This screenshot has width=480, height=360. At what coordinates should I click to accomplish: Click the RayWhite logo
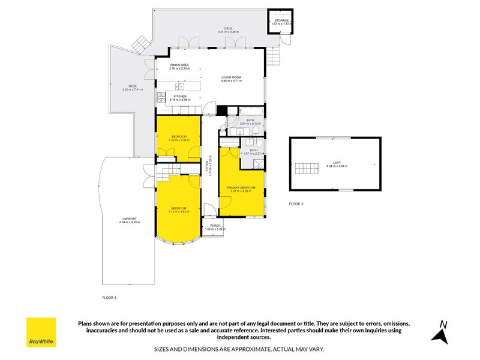[41, 332]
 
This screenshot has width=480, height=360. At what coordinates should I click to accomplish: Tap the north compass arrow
[442, 332]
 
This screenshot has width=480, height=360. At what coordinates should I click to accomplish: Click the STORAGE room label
[281, 20]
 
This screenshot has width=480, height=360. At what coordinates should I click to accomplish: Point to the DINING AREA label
[180, 65]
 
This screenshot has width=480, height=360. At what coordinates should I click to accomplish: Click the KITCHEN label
[180, 96]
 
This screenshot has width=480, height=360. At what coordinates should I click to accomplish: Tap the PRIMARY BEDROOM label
[241, 187]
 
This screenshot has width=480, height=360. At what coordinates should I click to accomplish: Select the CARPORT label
[130, 218]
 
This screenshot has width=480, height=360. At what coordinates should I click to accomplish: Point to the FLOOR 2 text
[296, 204]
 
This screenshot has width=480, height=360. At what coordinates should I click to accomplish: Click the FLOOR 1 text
[109, 297]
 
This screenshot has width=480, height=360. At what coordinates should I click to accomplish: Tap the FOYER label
[208, 162]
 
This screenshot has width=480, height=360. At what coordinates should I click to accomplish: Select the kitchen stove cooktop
[161, 96]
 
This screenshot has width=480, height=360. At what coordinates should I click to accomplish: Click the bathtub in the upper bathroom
[251, 111]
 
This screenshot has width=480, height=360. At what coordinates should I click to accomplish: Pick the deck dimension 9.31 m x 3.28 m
[228, 31]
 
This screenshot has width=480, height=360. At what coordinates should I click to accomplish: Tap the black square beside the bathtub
[222, 110]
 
